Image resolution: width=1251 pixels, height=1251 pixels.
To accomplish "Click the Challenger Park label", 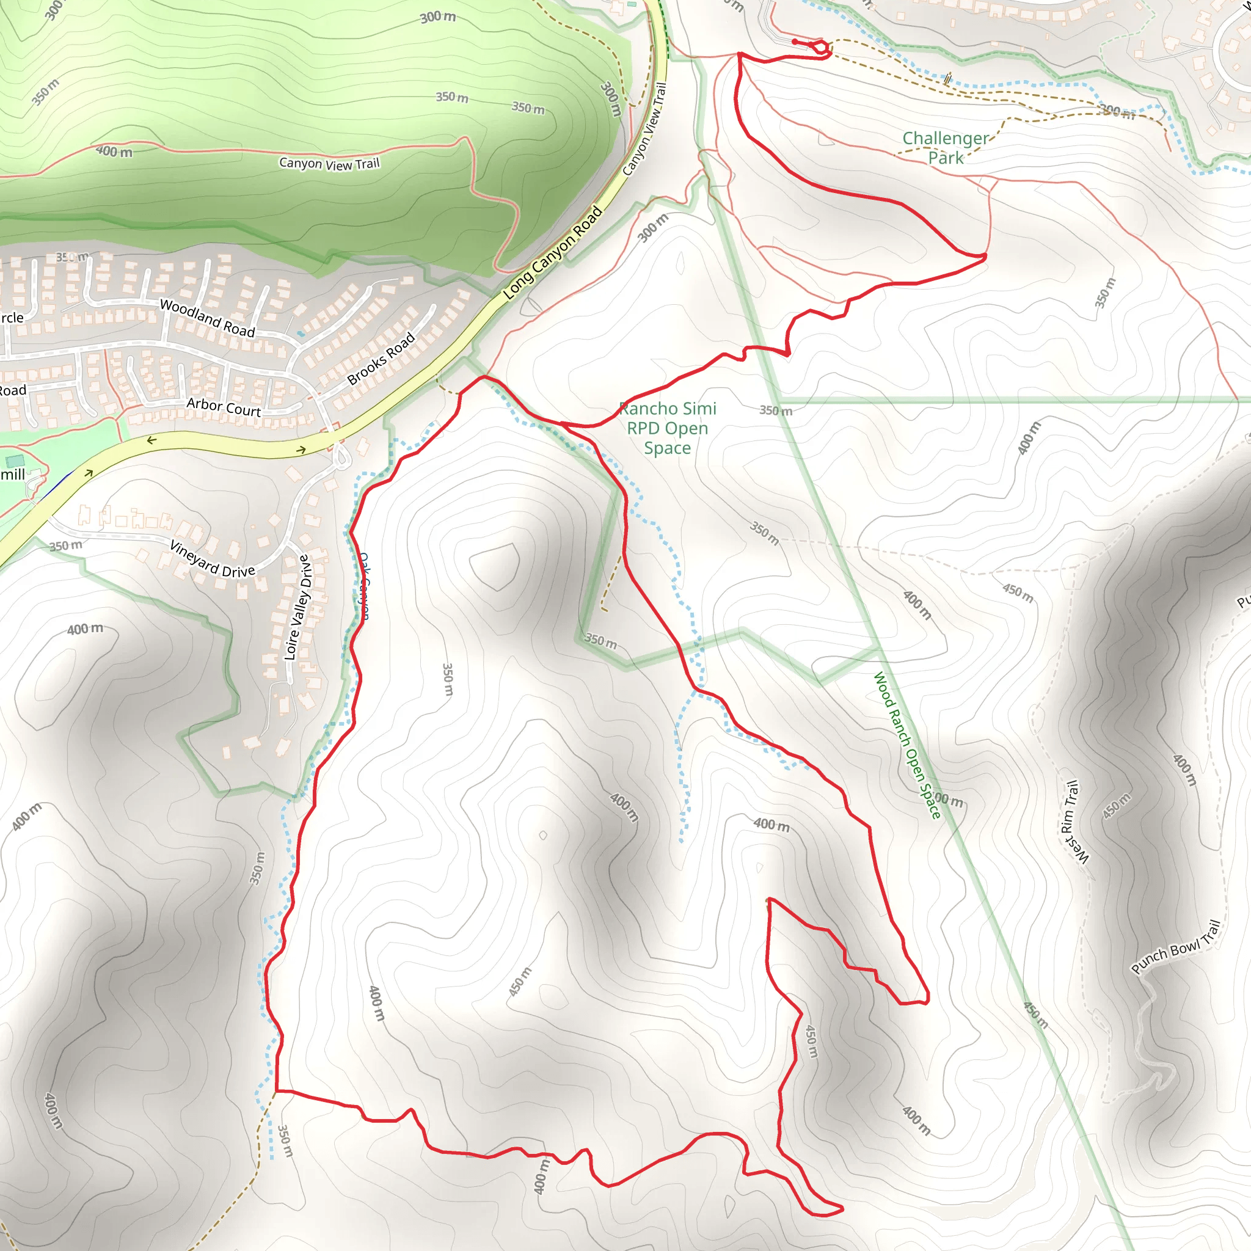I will (946, 148).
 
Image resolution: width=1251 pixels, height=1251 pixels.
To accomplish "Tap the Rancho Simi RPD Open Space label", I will (668, 428).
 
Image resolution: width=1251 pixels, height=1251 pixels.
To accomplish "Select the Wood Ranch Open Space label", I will (906, 745).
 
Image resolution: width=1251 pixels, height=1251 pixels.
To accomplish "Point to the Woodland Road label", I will (207, 318).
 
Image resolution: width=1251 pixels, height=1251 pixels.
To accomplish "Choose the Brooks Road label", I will (381, 359).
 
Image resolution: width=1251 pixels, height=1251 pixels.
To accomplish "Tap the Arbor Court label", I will (224, 407).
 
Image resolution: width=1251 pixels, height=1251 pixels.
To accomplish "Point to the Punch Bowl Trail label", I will (1175, 947).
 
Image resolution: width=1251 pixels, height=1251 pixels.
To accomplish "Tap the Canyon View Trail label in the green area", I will (329, 163).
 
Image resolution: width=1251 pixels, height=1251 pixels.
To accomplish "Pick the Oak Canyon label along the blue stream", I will (364, 586).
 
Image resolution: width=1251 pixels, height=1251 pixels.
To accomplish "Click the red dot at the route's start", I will (795, 42).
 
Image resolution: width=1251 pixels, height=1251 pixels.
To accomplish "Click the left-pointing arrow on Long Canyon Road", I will (151, 440).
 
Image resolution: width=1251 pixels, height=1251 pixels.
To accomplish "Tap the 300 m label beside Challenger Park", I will (1118, 111).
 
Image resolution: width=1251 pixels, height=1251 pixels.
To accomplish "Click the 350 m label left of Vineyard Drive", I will (66, 545).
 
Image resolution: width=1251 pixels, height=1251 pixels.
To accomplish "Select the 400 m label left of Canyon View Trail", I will (114, 151).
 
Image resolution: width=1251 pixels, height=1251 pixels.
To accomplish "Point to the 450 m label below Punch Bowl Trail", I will (1035, 1015).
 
